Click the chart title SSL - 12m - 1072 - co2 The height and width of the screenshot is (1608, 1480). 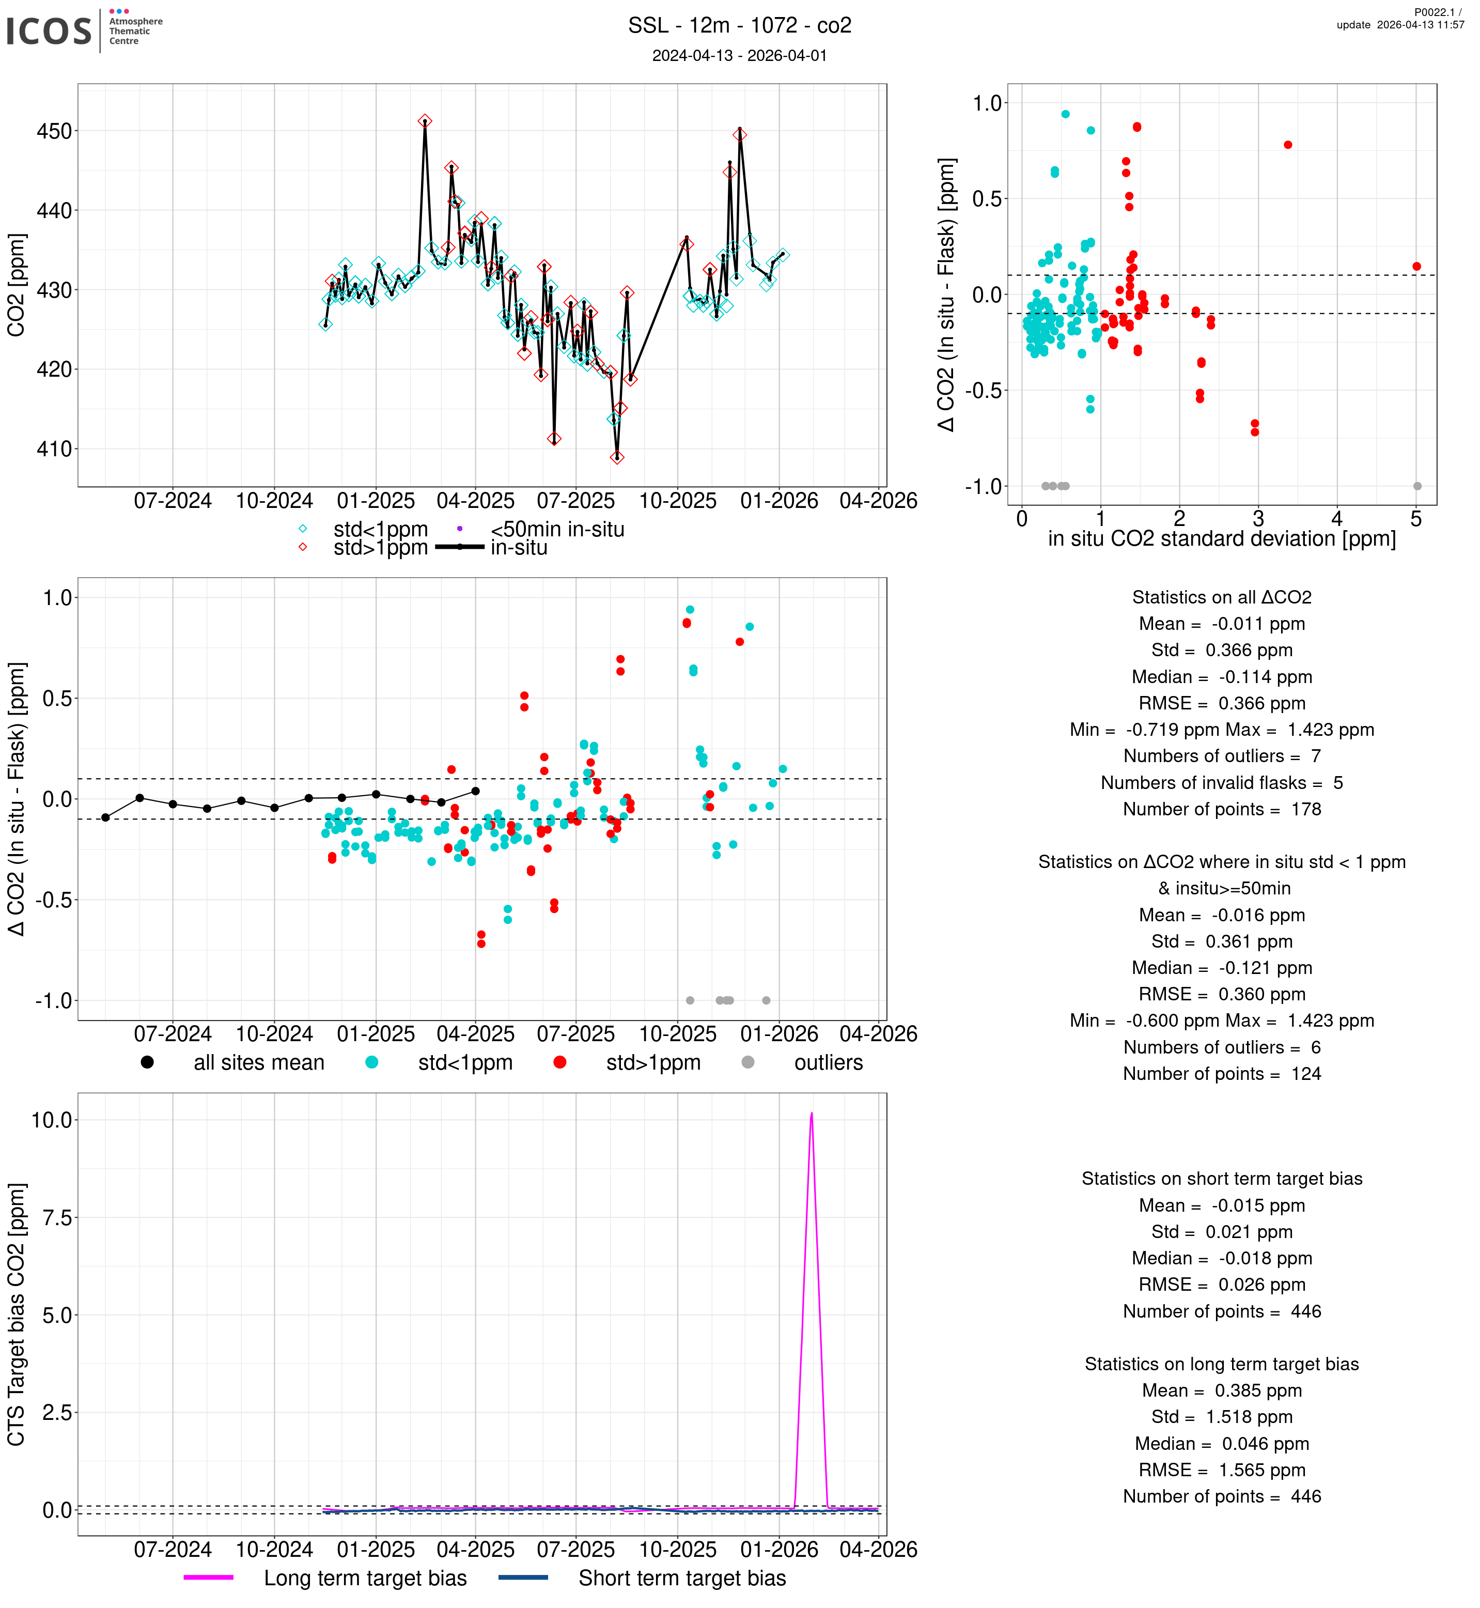coord(739,26)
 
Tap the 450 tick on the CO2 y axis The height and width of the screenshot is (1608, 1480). coord(54,131)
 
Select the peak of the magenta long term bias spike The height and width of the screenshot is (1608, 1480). coord(811,1114)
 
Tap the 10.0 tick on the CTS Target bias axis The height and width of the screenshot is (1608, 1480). coord(52,1120)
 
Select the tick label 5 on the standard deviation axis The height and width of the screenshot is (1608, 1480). coord(1416,519)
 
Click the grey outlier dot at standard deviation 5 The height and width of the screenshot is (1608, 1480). coord(1417,486)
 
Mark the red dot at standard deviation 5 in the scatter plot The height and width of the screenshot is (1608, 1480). coord(1417,267)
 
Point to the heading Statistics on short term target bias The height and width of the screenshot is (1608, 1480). coord(1221,1179)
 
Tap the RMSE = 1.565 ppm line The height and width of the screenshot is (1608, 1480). coord(1221,1470)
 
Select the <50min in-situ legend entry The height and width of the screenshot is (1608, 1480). coord(556,530)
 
